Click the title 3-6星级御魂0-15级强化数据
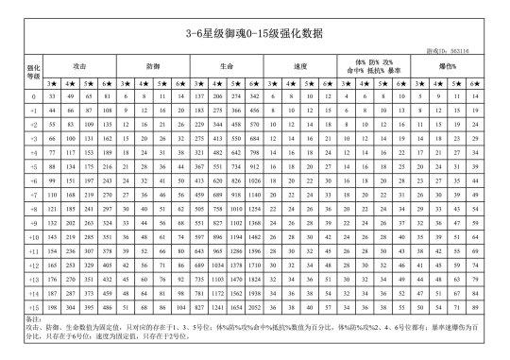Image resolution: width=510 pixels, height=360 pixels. tap(255, 32)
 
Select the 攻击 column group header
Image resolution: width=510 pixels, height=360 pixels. tap(81, 66)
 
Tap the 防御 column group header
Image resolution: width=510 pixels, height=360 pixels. tap(154, 66)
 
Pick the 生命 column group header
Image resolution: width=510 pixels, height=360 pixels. tap(226, 66)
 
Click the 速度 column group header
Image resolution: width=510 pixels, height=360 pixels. tap(299, 66)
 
